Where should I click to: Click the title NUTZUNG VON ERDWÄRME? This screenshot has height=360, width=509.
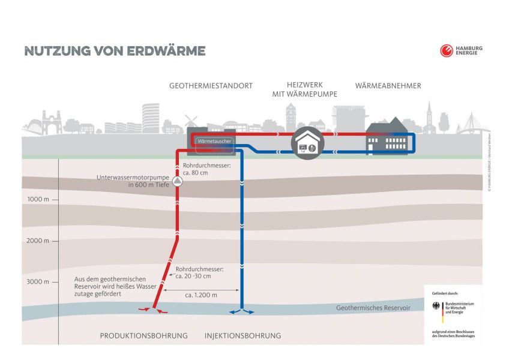(115, 51)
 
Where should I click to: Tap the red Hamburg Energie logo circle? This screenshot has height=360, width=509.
(446, 51)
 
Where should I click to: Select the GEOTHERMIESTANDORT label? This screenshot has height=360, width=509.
(211, 86)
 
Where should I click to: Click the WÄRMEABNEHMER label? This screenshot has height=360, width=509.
(388, 86)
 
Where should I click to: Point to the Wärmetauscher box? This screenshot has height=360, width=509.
(213, 142)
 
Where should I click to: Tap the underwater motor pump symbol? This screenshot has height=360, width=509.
(177, 181)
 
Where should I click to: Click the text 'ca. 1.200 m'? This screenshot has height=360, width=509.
(201, 295)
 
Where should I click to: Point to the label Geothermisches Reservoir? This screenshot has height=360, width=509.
(373, 307)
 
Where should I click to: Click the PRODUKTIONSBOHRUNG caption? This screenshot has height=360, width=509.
(143, 335)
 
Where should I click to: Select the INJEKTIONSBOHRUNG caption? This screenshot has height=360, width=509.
(242, 335)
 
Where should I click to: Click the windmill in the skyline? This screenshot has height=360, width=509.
(191, 121)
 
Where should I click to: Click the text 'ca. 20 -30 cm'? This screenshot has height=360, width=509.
(193, 276)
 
